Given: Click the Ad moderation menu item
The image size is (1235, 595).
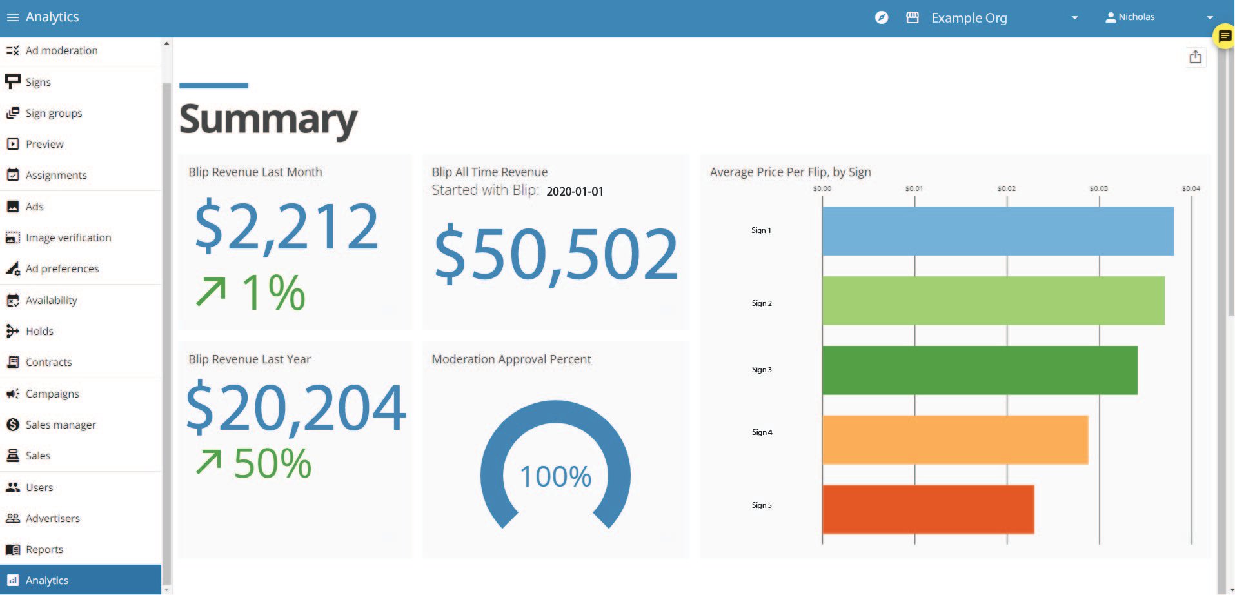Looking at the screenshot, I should click(61, 50).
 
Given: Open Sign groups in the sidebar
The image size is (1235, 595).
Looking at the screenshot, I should click(54, 113).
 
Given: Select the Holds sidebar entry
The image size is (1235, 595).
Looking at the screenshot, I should click(39, 331).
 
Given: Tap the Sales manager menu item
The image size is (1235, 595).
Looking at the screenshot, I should click(61, 425).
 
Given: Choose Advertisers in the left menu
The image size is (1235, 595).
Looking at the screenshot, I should click(53, 518).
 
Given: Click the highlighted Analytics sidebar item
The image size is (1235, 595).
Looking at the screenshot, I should click(47, 580).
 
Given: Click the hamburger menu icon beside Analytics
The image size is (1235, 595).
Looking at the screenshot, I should click(12, 17).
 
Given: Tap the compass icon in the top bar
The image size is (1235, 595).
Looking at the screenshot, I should click(882, 17).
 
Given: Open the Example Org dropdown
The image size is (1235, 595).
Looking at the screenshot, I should click(1074, 18).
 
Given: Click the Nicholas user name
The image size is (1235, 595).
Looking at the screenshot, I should click(1136, 17).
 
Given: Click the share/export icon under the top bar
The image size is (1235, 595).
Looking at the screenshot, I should click(1195, 57).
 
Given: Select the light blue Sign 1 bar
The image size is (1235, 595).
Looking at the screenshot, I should click(997, 231).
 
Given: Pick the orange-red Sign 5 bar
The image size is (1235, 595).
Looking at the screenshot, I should click(927, 509).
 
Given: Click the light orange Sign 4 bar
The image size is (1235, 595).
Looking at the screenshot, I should click(954, 439).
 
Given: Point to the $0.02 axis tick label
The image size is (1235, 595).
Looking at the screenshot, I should click(1006, 188).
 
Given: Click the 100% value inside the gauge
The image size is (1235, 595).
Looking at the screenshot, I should click(555, 477).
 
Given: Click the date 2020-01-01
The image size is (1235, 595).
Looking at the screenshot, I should click(575, 192).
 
